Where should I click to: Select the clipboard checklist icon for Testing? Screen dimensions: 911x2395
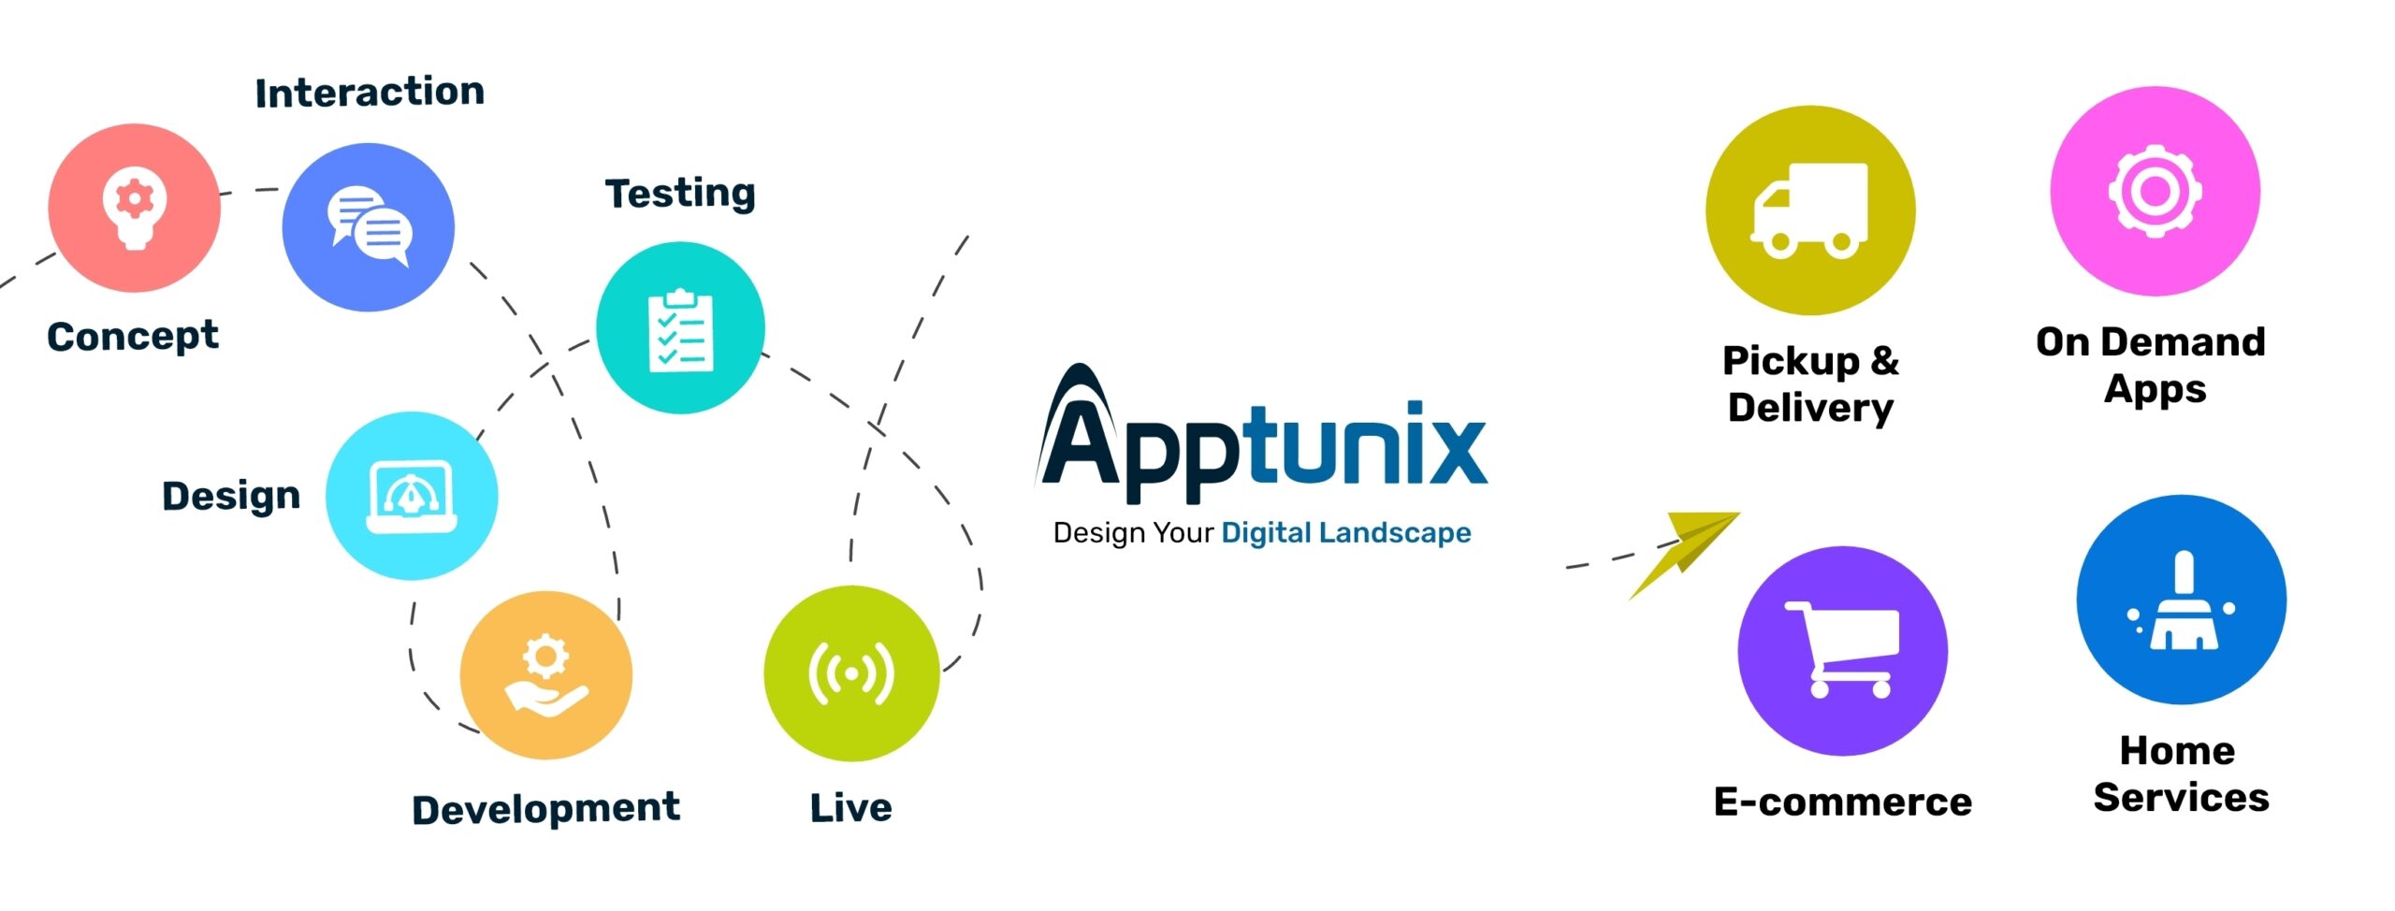click(x=680, y=330)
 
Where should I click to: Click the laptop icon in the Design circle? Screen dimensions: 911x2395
click(x=412, y=496)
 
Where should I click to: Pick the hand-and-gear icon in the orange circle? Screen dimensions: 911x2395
click(x=546, y=675)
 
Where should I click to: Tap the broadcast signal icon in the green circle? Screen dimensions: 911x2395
click(x=851, y=673)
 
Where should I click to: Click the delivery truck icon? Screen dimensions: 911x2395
click(x=1809, y=210)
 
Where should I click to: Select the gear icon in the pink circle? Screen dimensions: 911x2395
click(x=2155, y=192)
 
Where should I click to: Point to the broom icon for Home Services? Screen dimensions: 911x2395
click(x=2182, y=602)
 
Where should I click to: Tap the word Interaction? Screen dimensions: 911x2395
click(x=370, y=93)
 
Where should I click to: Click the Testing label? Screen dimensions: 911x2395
click(x=680, y=194)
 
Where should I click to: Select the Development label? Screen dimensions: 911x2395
click(x=545, y=809)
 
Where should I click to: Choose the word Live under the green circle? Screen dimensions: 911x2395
click(x=850, y=808)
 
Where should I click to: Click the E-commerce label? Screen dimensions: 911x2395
click(x=1842, y=803)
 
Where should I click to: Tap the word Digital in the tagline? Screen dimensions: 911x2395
click(x=1266, y=533)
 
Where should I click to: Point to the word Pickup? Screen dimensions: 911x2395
click(x=1791, y=361)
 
